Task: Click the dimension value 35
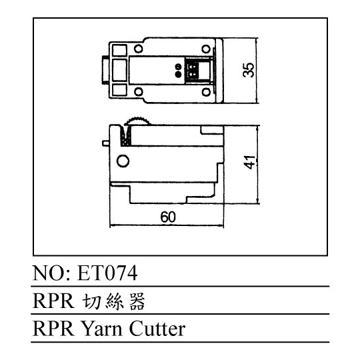click(249, 70)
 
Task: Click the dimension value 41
click(249, 162)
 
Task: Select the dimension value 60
click(168, 217)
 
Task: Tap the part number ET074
click(107, 273)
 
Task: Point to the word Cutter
click(157, 329)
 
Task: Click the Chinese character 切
click(91, 301)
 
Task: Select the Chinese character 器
click(137, 301)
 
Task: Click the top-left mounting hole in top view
click(138, 49)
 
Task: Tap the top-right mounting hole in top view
click(206, 49)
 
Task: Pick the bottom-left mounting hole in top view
click(138, 92)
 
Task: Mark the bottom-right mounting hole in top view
click(206, 92)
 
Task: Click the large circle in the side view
click(123, 161)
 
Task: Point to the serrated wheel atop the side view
click(137, 121)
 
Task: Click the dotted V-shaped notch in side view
click(126, 136)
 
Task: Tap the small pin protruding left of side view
click(106, 143)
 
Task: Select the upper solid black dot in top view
click(178, 67)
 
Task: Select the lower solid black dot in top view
click(178, 74)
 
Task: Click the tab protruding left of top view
click(105, 70)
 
